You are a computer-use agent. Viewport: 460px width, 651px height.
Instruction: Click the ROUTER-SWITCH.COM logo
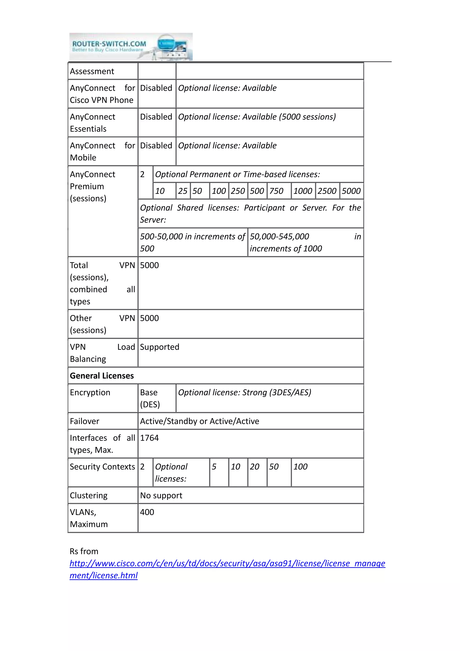click(x=131, y=47)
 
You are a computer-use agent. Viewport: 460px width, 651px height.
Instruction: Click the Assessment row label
click(x=92, y=71)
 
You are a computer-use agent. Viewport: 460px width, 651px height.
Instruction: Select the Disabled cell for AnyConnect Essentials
click(x=156, y=117)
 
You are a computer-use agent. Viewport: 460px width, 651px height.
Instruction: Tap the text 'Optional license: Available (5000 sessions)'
click(x=257, y=117)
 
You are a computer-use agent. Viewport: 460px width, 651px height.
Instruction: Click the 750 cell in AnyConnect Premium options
click(x=276, y=191)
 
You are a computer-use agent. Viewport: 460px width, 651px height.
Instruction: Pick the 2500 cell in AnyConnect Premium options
click(x=327, y=191)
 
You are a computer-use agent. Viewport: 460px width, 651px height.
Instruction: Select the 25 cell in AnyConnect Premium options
click(x=183, y=191)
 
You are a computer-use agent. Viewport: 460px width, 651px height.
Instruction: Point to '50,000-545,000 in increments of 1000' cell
click(x=305, y=242)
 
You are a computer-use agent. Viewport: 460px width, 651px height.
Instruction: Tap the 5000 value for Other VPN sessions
click(x=149, y=318)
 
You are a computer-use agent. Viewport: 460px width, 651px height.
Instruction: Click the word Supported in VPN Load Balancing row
click(x=159, y=347)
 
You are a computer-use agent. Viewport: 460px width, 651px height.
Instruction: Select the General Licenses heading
click(x=102, y=376)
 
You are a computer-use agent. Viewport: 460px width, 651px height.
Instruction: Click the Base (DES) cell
click(x=150, y=398)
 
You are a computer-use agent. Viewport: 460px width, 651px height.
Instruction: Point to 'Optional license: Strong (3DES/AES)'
click(x=244, y=392)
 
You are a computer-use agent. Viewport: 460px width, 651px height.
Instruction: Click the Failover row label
click(x=84, y=421)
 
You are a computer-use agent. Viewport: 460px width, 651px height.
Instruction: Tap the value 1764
click(x=149, y=438)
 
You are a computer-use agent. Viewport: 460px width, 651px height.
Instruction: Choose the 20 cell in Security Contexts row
click(x=254, y=467)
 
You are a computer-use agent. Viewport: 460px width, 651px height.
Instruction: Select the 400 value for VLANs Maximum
click(x=147, y=512)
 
